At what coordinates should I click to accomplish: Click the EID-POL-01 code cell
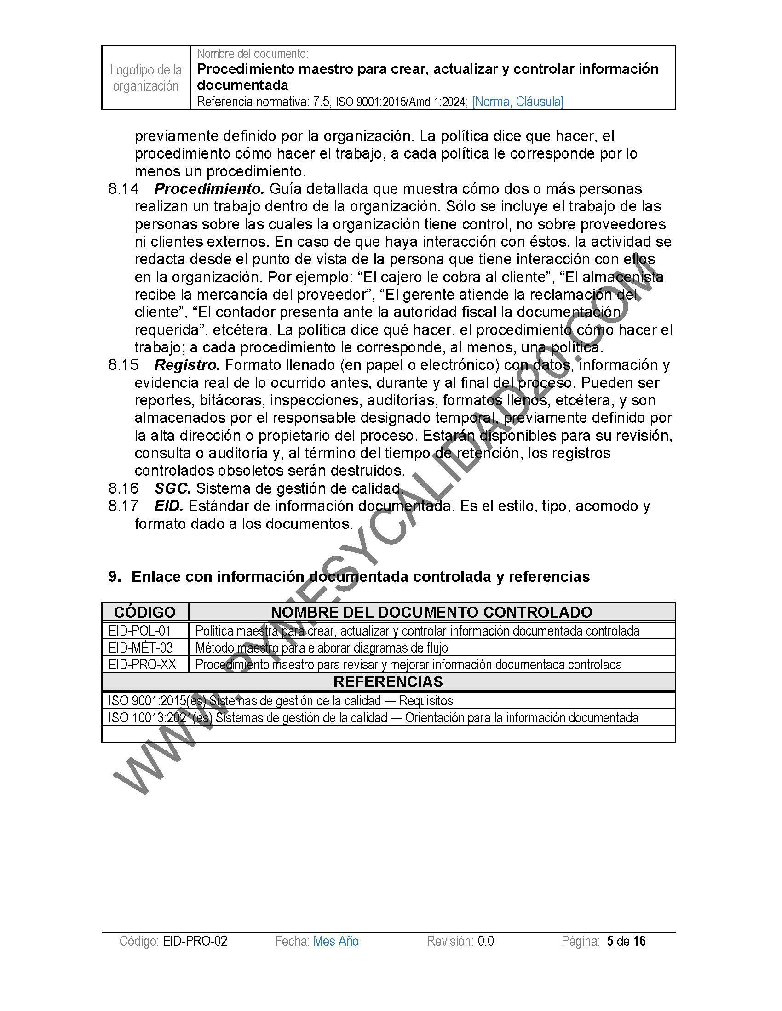140,631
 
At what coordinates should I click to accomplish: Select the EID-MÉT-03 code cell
140,647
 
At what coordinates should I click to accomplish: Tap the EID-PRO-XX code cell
142,665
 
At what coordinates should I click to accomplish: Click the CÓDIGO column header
144,612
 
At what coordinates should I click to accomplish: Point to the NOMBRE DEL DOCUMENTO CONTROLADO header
431,612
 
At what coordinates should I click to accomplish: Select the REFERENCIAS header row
388,682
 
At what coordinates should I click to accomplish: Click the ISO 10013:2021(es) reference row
373,717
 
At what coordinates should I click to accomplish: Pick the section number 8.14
123,189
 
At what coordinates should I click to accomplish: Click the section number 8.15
123,365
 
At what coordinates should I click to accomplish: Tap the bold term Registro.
187,365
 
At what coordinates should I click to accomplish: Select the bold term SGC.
173,488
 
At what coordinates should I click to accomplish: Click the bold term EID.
169,506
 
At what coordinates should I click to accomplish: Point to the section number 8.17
123,506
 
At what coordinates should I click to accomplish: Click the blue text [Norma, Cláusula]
517,102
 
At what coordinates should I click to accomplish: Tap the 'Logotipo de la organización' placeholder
145,78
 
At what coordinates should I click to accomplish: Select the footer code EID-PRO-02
195,941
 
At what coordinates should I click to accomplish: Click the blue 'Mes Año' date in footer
336,941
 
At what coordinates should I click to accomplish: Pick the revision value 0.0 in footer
486,941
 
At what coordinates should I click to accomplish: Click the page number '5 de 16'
626,941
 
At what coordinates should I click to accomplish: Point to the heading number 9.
114,577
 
